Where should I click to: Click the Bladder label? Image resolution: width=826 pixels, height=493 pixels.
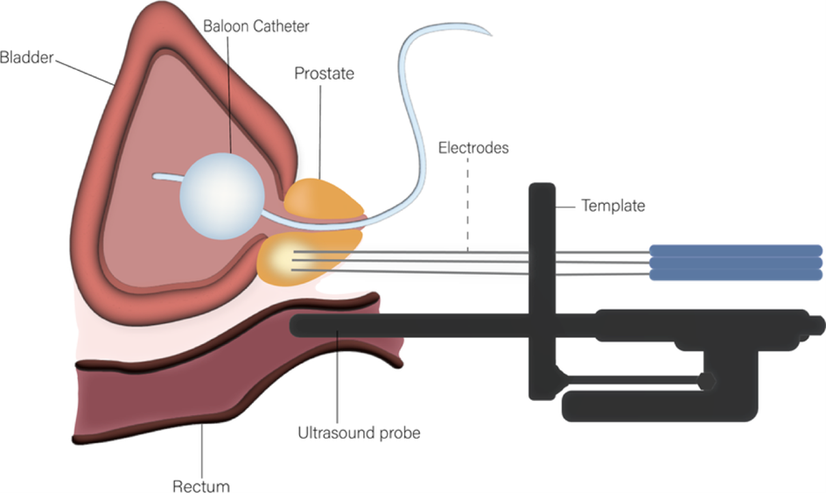(x=27, y=58)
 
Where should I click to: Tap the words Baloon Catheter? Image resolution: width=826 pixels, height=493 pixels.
(x=256, y=26)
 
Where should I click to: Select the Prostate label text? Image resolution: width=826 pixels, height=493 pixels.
(x=324, y=74)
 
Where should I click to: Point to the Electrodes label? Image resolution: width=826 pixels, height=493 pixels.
(x=473, y=148)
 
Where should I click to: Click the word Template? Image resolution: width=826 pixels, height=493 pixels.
(x=613, y=206)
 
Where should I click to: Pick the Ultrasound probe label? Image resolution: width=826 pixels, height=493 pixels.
(x=359, y=433)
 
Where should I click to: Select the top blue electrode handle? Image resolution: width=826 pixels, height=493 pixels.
(x=735, y=250)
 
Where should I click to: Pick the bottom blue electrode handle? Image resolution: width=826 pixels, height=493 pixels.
(x=735, y=274)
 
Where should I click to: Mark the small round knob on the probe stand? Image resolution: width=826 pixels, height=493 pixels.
(x=705, y=382)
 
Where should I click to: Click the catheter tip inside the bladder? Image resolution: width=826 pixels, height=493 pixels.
(x=156, y=176)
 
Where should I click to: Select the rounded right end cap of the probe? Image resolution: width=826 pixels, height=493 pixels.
(x=817, y=325)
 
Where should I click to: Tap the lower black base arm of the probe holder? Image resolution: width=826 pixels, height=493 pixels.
(x=656, y=405)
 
